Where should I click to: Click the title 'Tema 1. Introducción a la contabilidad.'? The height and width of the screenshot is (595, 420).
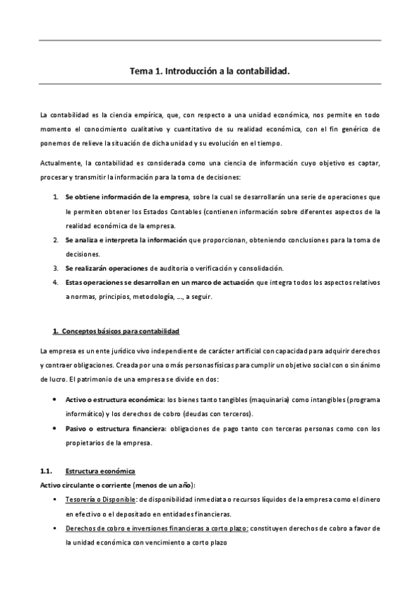(x=210, y=71)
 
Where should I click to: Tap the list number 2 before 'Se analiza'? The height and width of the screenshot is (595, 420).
(x=55, y=240)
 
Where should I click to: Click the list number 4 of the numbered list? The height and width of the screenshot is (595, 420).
(x=55, y=282)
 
